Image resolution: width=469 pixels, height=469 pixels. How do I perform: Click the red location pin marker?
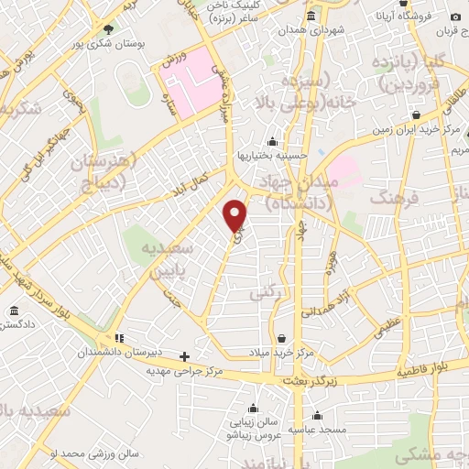click(x=236, y=215)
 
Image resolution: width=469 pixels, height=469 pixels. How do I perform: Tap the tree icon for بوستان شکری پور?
click(x=109, y=29)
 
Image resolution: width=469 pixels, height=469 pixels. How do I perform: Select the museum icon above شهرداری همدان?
click(x=311, y=16)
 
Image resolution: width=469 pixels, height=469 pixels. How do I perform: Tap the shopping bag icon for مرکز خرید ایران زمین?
click(x=416, y=115)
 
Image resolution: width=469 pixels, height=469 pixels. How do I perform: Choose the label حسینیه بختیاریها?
click(x=273, y=156)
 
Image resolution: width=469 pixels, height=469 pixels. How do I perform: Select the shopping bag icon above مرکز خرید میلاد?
click(x=281, y=338)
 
